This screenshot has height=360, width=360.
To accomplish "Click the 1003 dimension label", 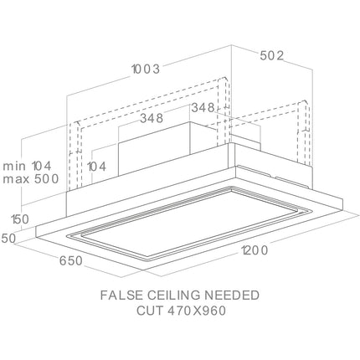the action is [x=146, y=69].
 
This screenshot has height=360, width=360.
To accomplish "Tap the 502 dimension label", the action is [x=272, y=56].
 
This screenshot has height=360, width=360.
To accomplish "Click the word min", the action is [x=14, y=166].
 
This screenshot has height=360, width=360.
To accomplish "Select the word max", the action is [x=16, y=179].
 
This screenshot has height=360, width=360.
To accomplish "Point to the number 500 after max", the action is [x=47, y=178].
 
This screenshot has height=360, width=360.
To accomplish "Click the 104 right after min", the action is [x=42, y=166].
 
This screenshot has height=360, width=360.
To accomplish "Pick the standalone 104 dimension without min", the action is [x=96, y=167].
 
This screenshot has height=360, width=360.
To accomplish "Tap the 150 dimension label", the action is [x=20, y=219].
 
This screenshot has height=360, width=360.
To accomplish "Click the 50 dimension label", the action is [x=9, y=239].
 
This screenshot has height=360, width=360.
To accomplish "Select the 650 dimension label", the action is [x=71, y=261].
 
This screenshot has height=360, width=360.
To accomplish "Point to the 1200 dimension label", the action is [x=255, y=250].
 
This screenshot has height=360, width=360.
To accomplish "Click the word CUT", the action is [x=149, y=311].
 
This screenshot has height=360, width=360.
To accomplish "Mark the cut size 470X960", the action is [x=196, y=311].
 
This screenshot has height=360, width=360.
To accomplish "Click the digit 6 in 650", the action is [x=63, y=261].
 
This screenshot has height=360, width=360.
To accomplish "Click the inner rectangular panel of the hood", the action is [x=187, y=221].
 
